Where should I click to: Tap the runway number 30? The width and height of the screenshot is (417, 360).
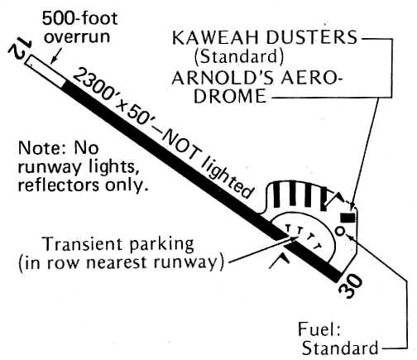(351, 287)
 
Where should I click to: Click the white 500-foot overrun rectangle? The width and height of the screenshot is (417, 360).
(46, 72)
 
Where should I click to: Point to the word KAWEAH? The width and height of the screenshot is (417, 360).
(217, 37)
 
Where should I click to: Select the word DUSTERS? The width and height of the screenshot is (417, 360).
(312, 37)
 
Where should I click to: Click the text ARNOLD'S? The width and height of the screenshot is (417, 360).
(223, 79)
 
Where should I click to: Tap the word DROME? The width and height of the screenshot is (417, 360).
(230, 96)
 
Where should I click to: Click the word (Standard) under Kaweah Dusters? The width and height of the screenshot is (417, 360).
(239, 57)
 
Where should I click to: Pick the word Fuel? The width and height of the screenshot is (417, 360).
(319, 329)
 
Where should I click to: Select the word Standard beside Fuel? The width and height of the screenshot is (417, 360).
(340, 348)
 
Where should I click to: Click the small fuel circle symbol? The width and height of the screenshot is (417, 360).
(340, 231)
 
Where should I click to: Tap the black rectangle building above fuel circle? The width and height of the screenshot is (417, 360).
(347, 218)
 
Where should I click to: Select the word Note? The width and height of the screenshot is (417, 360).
(41, 148)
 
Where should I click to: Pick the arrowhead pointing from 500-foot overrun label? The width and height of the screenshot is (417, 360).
(52, 61)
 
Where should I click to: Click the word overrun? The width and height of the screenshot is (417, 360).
(77, 37)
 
